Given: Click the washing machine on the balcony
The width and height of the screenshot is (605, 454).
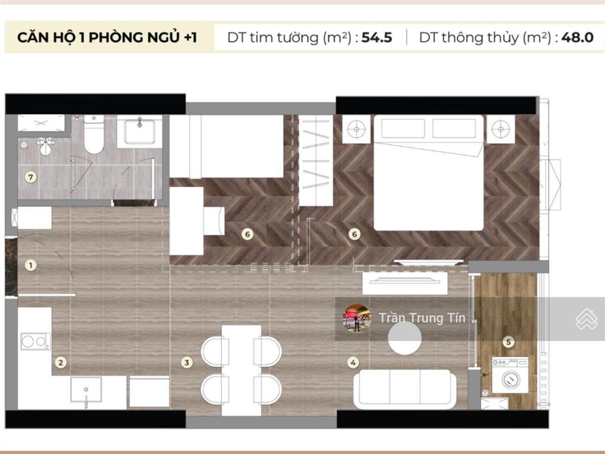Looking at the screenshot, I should click(510, 374).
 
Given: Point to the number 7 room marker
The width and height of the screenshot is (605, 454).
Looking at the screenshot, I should click(31, 176).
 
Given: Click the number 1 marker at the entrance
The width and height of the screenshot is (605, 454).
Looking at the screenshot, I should click(31, 265).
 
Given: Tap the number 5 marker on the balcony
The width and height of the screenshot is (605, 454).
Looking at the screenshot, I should click(509, 341).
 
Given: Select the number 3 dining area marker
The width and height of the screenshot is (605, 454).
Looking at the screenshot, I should click(187, 362).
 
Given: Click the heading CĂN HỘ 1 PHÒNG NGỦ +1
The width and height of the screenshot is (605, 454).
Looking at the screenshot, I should click(107, 38).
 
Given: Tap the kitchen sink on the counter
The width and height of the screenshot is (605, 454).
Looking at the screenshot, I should click(86, 390).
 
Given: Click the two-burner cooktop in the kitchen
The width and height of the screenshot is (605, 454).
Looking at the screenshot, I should click(35, 341).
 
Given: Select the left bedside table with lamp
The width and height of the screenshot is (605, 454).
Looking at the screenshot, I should click(357, 128).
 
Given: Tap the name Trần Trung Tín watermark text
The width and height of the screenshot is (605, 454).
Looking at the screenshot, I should click(422, 318).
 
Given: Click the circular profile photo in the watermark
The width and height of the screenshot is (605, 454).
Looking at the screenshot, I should click(357, 319).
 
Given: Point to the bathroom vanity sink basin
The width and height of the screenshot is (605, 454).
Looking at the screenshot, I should click(139, 130).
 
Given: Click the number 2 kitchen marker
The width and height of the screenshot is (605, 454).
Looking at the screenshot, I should click(59, 362).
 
